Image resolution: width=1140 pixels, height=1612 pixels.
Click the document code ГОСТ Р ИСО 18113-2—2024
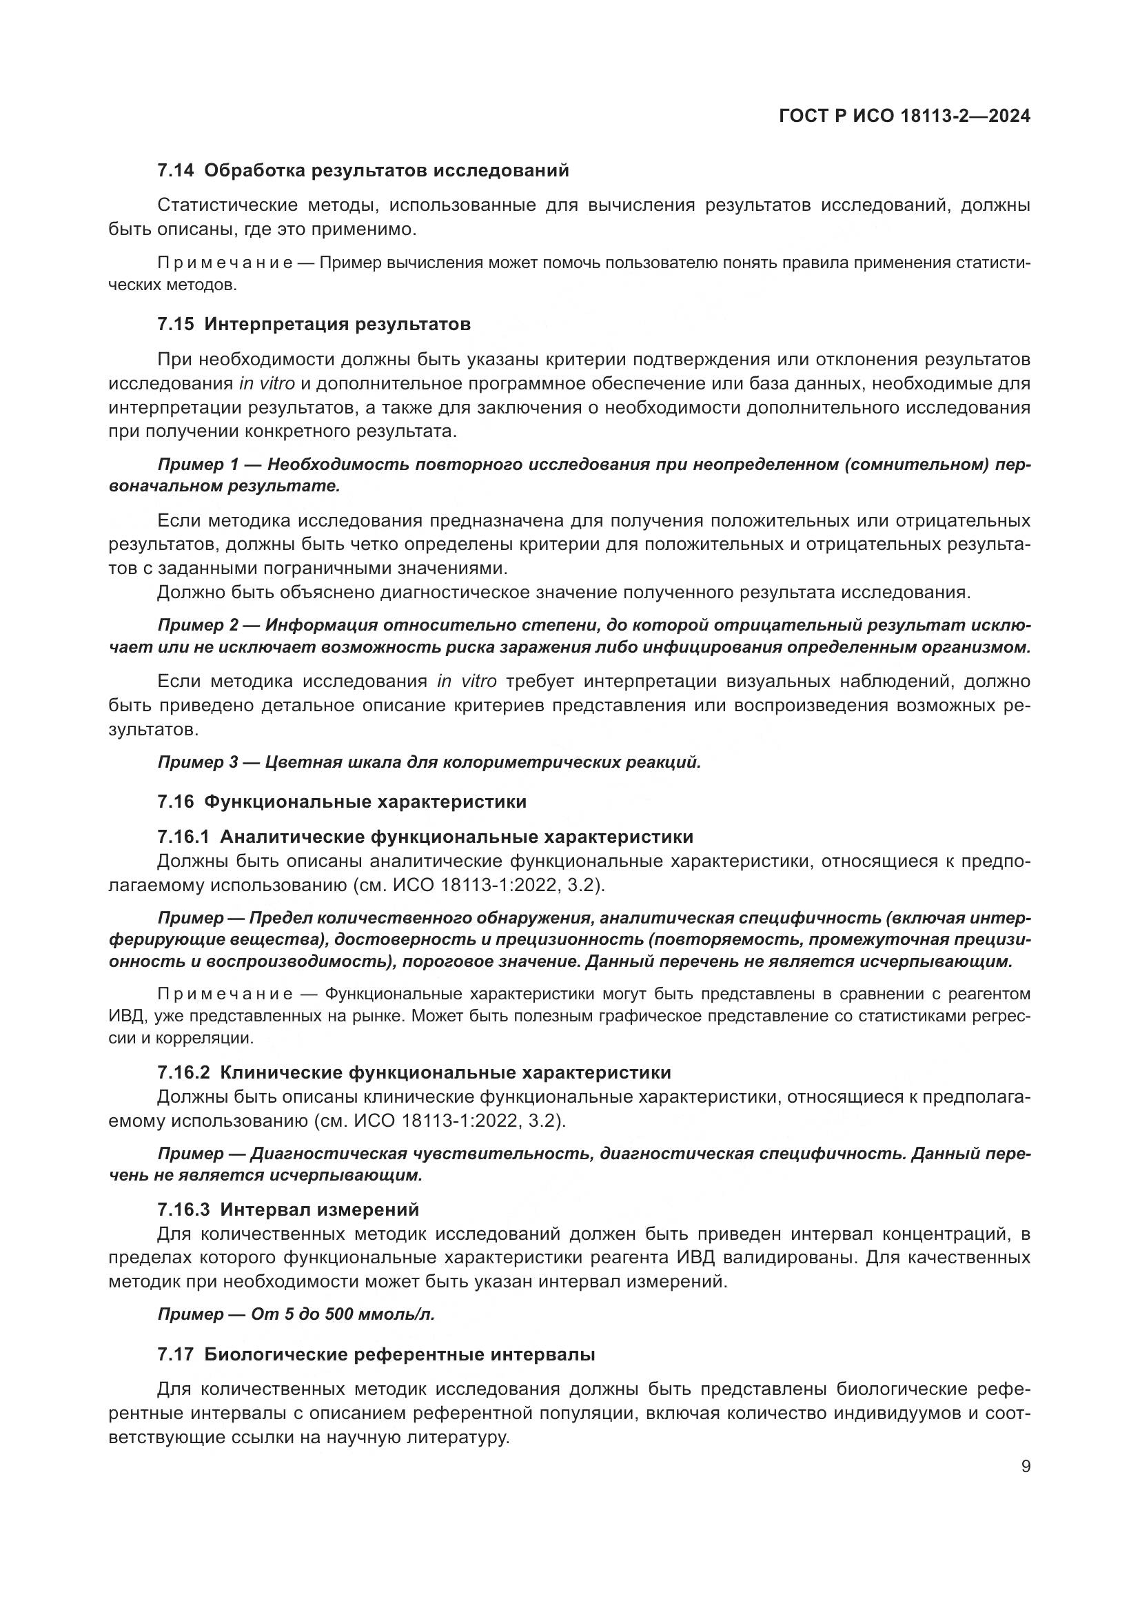pyautogui.click(x=904, y=116)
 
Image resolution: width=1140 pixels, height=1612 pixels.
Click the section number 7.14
pyautogui.click(x=175, y=171)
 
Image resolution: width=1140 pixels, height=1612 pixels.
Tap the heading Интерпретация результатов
pyautogui.click(x=338, y=325)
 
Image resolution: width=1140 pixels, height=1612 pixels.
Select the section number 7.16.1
pyautogui.click(x=183, y=837)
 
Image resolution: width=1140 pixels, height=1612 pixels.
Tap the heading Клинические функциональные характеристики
pyautogui.click(x=445, y=1073)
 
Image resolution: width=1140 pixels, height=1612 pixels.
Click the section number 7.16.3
pyautogui.click(x=183, y=1210)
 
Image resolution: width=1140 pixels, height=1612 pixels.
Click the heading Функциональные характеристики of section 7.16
pyautogui.click(x=365, y=802)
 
